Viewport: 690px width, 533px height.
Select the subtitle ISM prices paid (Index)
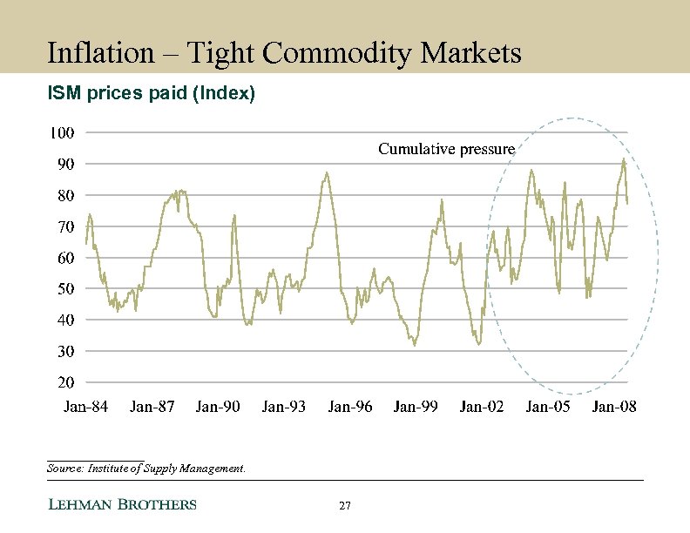[x=151, y=93]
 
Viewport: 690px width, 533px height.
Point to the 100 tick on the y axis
[x=62, y=133]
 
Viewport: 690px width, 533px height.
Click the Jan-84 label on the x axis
[x=87, y=407]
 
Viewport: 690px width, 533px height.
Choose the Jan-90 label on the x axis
[x=218, y=407]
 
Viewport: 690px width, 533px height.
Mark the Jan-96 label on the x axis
[x=350, y=407]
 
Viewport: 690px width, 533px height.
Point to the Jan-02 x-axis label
[x=482, y=407]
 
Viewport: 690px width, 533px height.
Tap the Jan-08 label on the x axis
[x=614, y=407]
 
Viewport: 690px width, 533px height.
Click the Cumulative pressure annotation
[x=446, y=150]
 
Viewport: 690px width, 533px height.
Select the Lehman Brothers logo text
[x=121, y=504]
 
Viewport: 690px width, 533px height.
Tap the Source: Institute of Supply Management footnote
[x=146, y=469]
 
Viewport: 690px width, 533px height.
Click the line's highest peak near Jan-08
[x=623, y=159]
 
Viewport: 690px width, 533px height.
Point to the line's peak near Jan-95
[x=326, y=172]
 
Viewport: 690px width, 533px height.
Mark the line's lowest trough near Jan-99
[x=414, y=345]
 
